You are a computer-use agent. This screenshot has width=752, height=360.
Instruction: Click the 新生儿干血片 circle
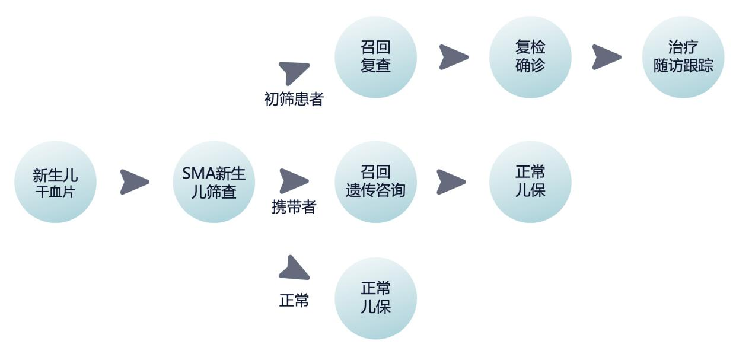pyautogui.click(x=55, y=182)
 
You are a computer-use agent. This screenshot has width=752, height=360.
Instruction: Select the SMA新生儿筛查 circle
pyautogui.click(x=214, y=182)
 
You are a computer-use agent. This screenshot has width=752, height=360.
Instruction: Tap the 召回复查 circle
pyautogui.click(x=375, y=57)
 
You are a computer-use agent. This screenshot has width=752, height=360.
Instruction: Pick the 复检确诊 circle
pyautogui.click(x=530, y=57)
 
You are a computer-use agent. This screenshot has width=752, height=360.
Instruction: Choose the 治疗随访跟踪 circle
pyautogui.click(x=683, y=57)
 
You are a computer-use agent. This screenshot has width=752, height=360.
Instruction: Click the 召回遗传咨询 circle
pyautogui.click(x=375, y=182)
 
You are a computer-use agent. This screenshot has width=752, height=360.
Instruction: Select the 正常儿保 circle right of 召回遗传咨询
pyautogui.click(x=530, y=182)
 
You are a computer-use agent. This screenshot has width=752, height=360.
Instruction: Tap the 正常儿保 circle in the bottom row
pyautogui.click(x=375, y=298)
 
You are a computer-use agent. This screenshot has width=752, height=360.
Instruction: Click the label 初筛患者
pyautogui.click(x=294, y=99)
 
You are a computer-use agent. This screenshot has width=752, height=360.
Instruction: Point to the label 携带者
pyautogui.click(x=294, y=208)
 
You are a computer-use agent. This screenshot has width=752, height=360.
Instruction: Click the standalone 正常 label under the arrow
pyautogui.click(x=294, y=301)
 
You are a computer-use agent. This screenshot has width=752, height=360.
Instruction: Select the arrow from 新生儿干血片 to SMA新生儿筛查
pyautogui.click(x=134, y=182)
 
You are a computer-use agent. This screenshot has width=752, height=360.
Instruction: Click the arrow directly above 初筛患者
pyautogui.click(x=294, y=72)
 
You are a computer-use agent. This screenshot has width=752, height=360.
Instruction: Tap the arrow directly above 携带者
pyautogui.click(x=294, y=181)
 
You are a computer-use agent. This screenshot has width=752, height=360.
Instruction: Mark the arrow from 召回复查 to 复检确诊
pyautogui.click(x=453, y=57)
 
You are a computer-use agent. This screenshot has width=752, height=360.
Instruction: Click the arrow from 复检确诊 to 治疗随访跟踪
pyautogui.click(x=606, y=57)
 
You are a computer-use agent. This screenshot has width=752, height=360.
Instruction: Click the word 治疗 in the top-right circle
pyautogui.click(x=683, y=47)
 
